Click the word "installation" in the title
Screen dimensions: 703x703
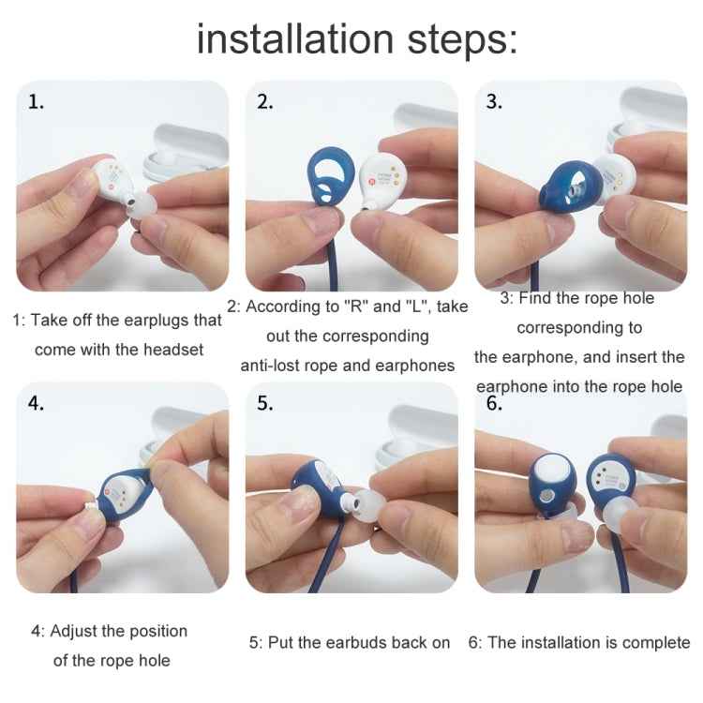point(294,39)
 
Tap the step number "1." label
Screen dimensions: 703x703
point(36,102)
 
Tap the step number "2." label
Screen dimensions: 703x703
point(265,102)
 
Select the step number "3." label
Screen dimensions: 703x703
point(494,102)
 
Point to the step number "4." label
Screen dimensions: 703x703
point(36,404)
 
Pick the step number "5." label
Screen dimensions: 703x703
point(265,404)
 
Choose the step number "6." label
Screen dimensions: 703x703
point(494,404)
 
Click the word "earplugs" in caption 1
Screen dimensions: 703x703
point(153,320)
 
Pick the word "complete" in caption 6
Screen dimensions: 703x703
point(655,643)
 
